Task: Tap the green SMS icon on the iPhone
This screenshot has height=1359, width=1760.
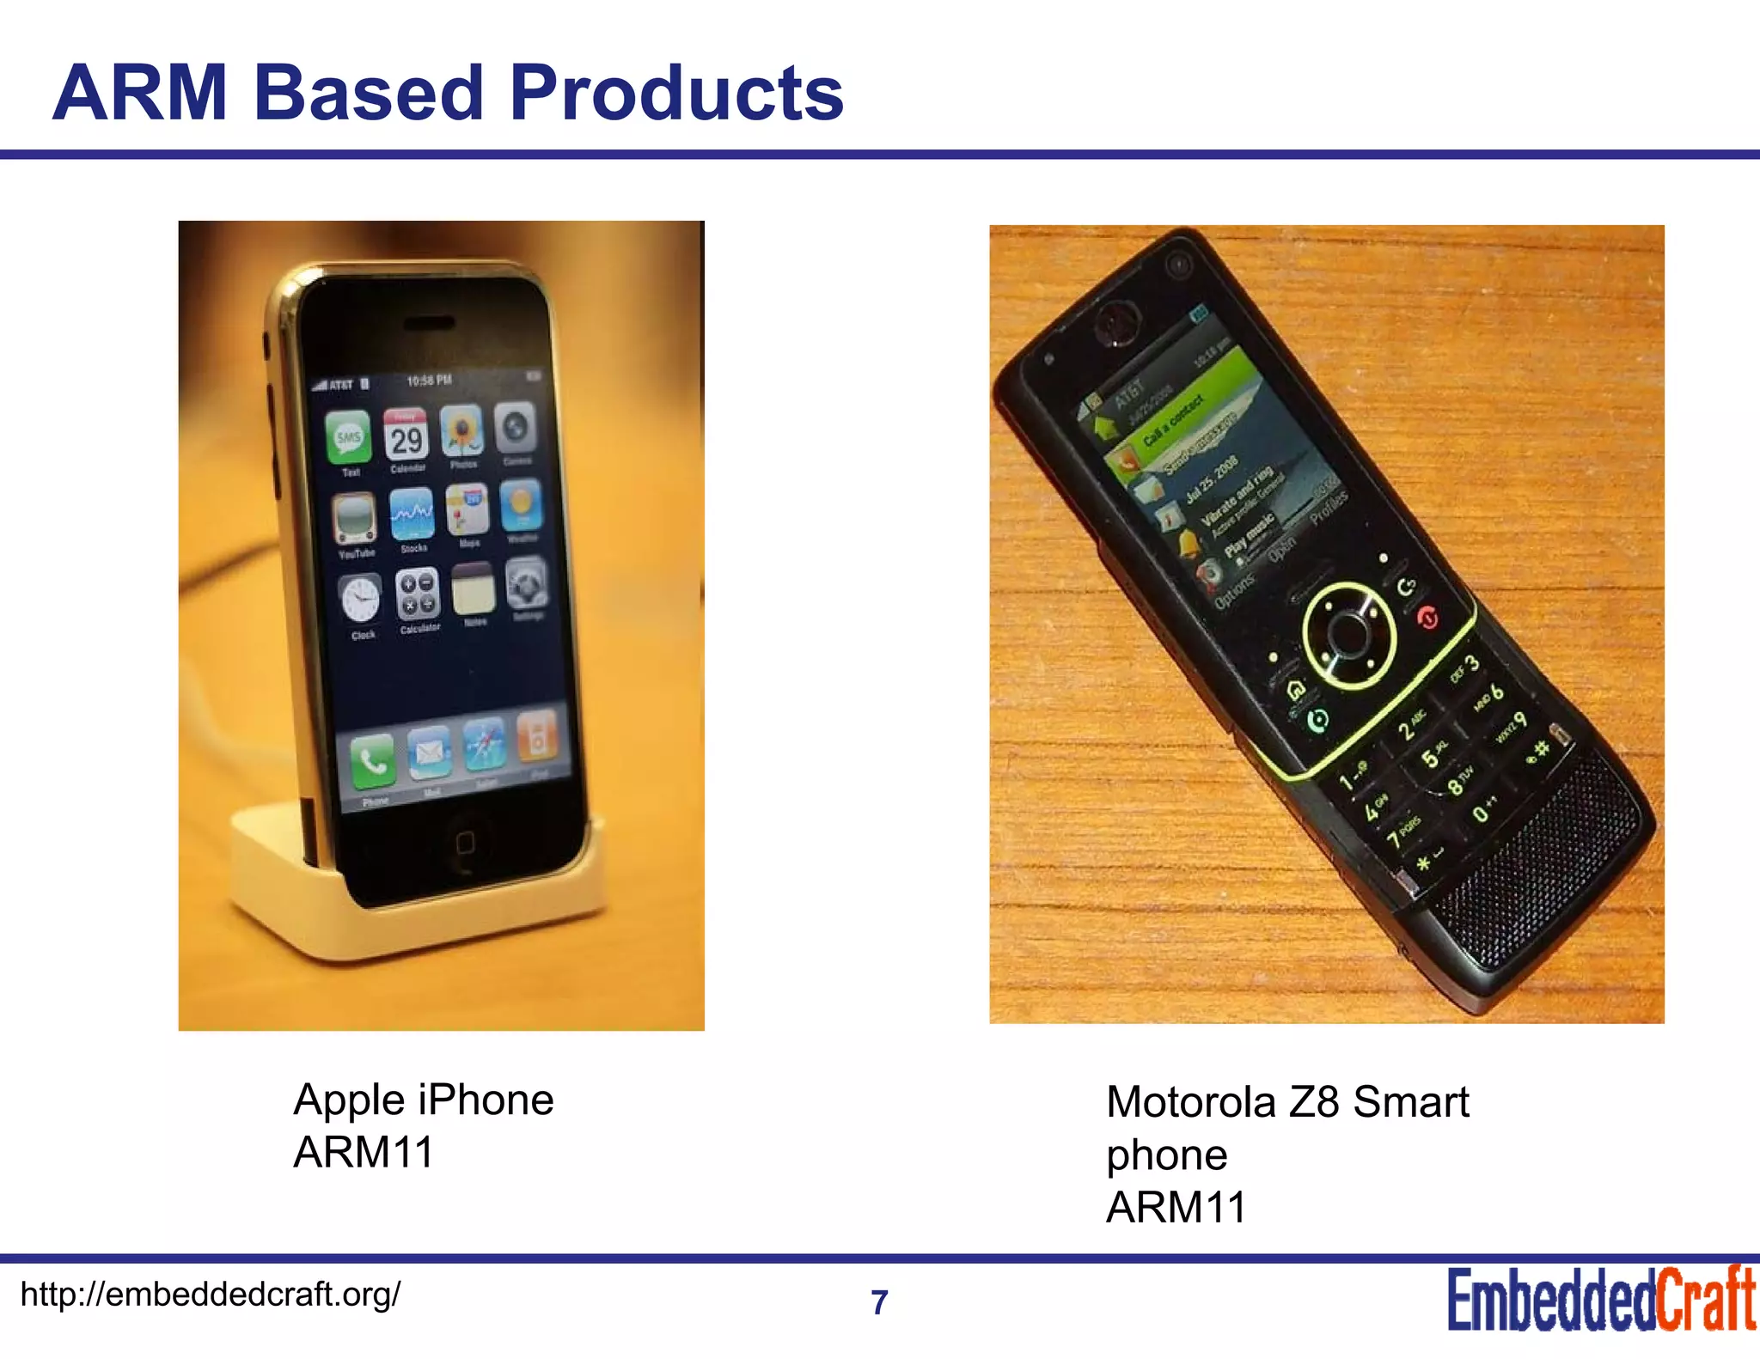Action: point(348,437)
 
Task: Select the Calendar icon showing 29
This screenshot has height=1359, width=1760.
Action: point(406,436)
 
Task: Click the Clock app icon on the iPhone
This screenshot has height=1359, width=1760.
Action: point(360,599)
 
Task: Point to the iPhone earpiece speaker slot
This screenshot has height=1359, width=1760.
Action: point(424,323)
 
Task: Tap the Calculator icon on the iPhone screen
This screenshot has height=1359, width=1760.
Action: point(418,594)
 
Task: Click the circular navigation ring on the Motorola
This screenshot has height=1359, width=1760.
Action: point(1347,634)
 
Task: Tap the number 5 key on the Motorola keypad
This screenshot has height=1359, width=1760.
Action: point(1430,758)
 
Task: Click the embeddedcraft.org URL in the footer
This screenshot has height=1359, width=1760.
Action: point(210,1294)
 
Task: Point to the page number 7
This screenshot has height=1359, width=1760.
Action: point(879,1302)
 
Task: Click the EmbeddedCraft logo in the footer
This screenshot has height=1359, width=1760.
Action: point(1600,1301)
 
